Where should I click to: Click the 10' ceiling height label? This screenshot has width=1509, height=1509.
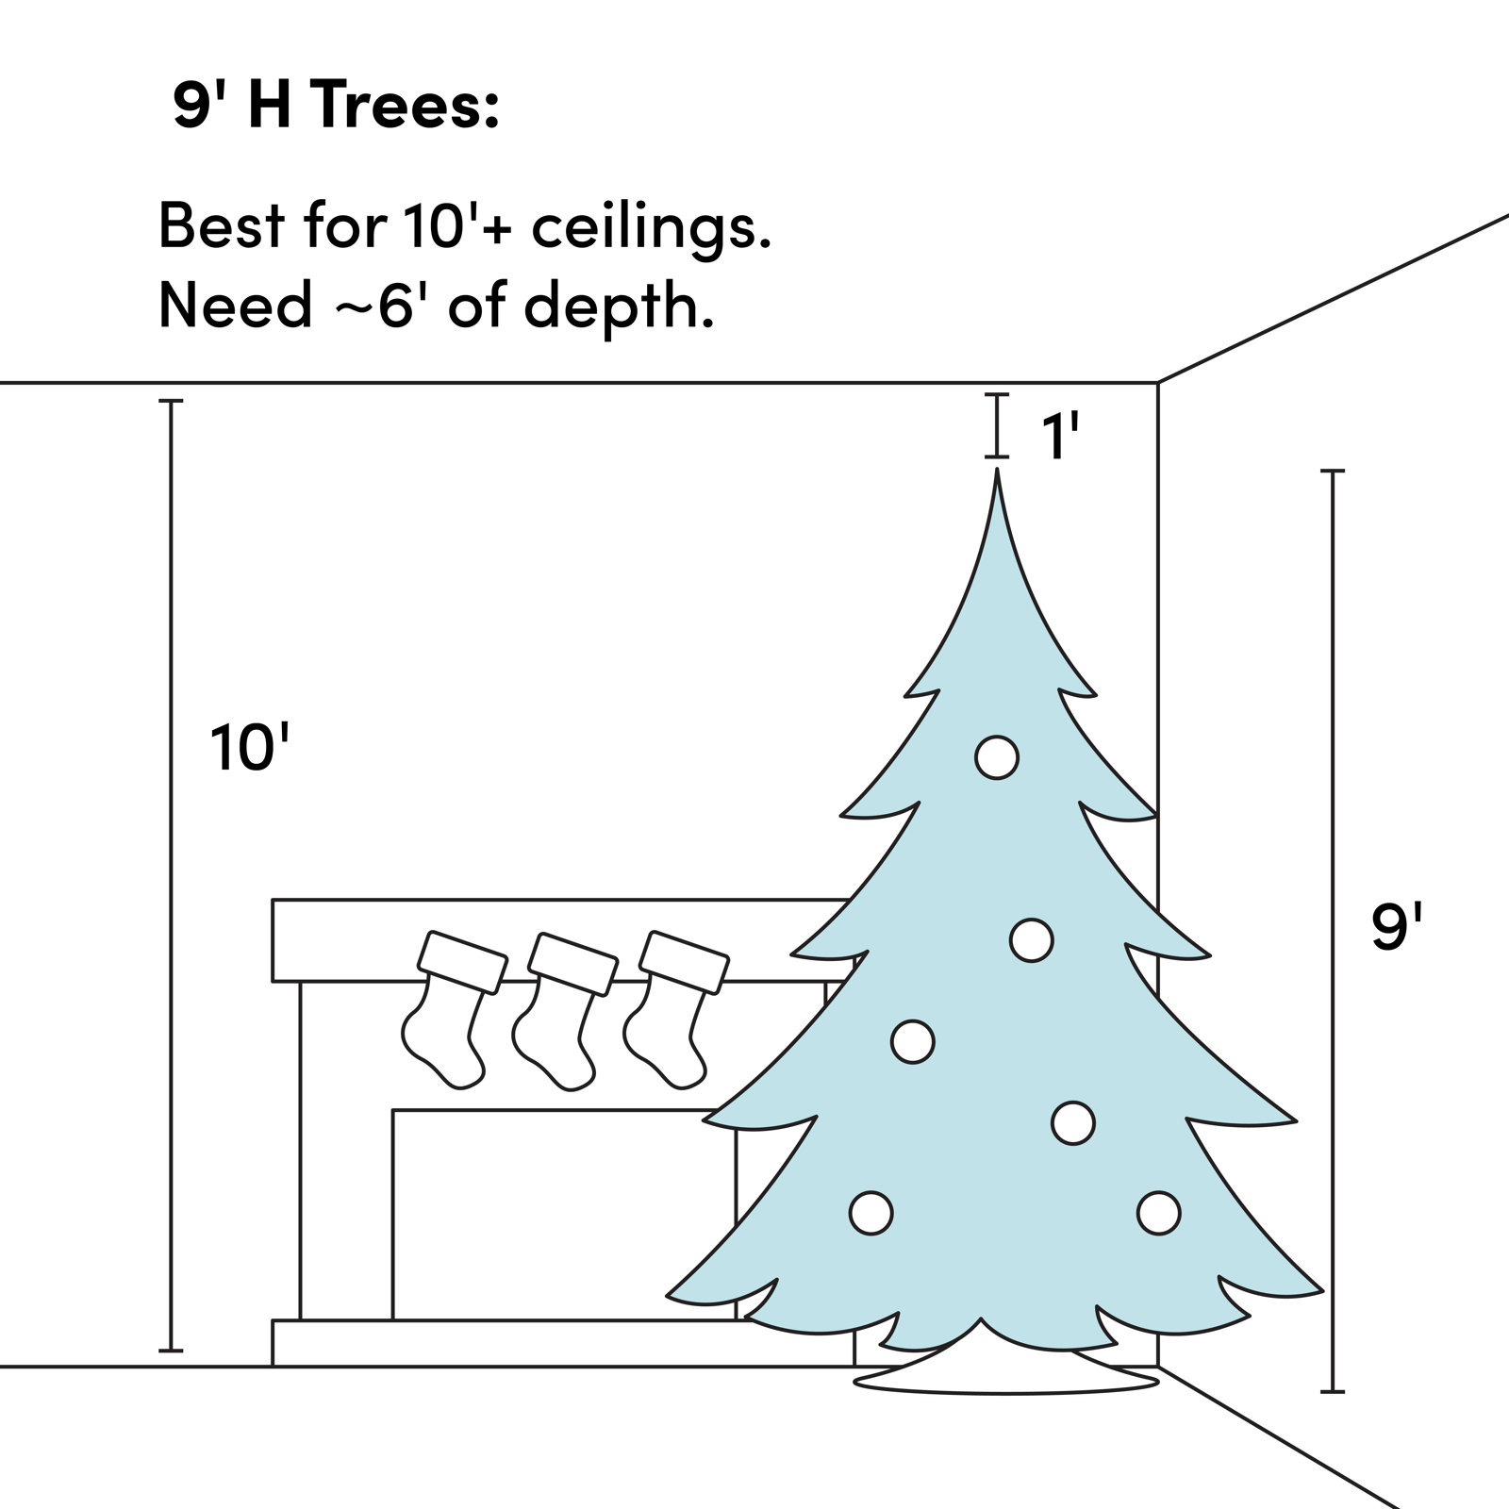pos(248,748)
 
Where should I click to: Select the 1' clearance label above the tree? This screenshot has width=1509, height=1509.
pos(1059,437)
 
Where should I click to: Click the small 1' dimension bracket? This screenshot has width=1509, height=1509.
pos(997,426)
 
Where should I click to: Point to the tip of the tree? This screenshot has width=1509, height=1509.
pos(997,474)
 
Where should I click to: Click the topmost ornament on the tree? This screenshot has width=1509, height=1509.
pos(997,756)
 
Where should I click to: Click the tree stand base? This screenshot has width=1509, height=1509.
pos(1005,1379)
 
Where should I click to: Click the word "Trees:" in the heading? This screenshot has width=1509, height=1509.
pos(404,107)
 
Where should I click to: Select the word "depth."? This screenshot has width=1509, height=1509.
pos(618,306)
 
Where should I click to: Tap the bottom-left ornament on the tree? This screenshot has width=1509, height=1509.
pos(871,1213)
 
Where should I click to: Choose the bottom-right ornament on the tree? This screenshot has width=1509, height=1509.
pos(1158,1213)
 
